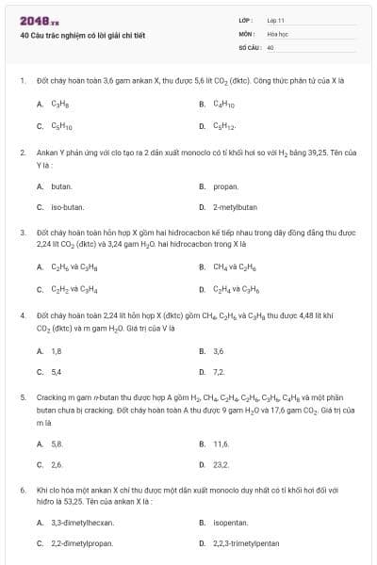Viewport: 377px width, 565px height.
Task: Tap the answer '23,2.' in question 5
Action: [x=221, y=464]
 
